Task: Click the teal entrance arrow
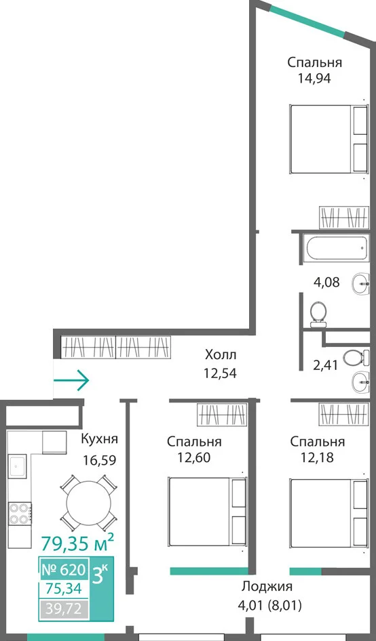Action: coord(71,380)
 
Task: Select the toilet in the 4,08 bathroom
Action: coord(318,314)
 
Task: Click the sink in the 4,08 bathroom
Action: coord(361,283)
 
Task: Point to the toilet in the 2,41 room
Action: coord(354,358)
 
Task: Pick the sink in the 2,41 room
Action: coord(361,383)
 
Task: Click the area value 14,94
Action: coord(314,78)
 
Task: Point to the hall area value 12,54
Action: coord(221,373)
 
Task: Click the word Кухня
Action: coord(100,440)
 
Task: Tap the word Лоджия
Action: coord(267,587)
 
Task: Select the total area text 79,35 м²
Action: coord(77,543)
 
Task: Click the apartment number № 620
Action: coord(64,568)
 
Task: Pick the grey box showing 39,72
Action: coord(64,610)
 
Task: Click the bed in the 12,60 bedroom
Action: coord(208,512)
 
